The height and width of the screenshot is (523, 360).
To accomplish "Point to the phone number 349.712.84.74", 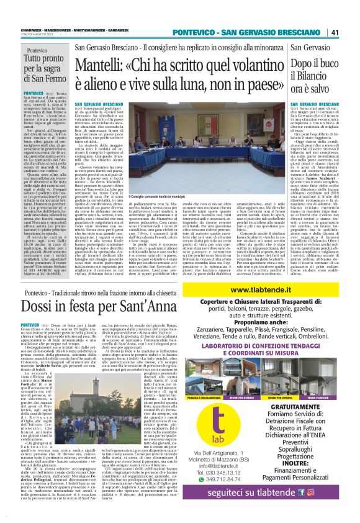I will [x=248, y=463].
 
